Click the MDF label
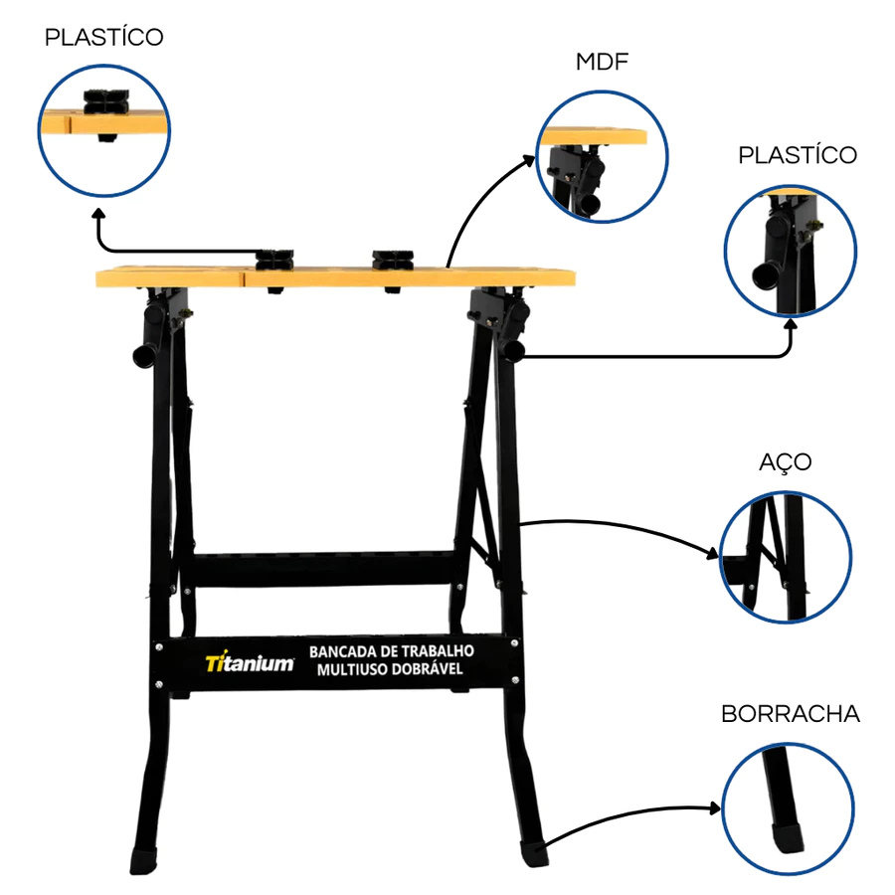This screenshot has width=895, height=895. (x=602, y=62)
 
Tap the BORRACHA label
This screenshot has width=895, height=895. (x=791, y=714)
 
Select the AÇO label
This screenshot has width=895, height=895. (x=786, y=462)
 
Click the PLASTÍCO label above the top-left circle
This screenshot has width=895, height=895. (x=103, y=37)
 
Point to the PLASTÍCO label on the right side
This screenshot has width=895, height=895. (x=798, y=155)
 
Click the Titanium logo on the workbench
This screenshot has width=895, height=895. (x=250, y=662)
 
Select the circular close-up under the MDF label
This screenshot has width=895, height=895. (x=603, y=156)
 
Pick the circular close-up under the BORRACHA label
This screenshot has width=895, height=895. (x=788, y=808)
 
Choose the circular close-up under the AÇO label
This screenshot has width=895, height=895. (x=786, y=557)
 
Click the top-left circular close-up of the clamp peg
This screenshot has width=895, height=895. (x=103, y=130)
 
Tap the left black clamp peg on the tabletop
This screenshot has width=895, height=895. (x=274, y=260)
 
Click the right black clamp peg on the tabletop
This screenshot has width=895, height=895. (x=393, y=260)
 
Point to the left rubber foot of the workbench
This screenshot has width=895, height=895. (x=143, y=860)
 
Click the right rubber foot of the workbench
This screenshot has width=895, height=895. (x=534, y=854)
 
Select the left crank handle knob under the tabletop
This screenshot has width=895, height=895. (x=143, y=356)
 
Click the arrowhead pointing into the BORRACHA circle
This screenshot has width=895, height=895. (x=715, y=807)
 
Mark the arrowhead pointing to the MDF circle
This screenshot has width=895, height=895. (x=529, y=160)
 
